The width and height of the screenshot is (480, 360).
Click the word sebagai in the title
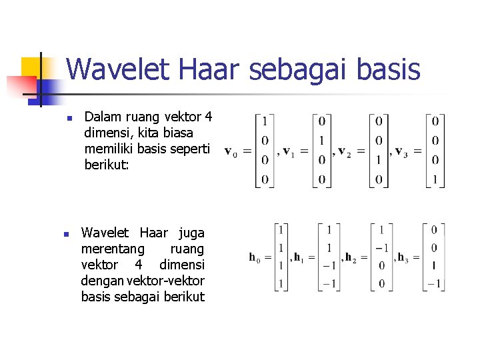(x=293, y=69)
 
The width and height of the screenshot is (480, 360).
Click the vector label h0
(x=255, y=257)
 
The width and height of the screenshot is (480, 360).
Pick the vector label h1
(x=298, y=257)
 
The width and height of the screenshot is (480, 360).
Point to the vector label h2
(x=349, y=257)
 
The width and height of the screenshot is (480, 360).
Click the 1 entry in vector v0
(x=265, y=121)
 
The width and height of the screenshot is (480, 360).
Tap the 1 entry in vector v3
(x=435, y=180)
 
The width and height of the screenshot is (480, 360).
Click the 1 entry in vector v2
(x=379, y=160)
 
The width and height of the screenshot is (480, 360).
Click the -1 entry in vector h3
(x=433, y=283)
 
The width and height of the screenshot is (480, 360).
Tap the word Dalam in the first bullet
(x=102, y=118)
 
